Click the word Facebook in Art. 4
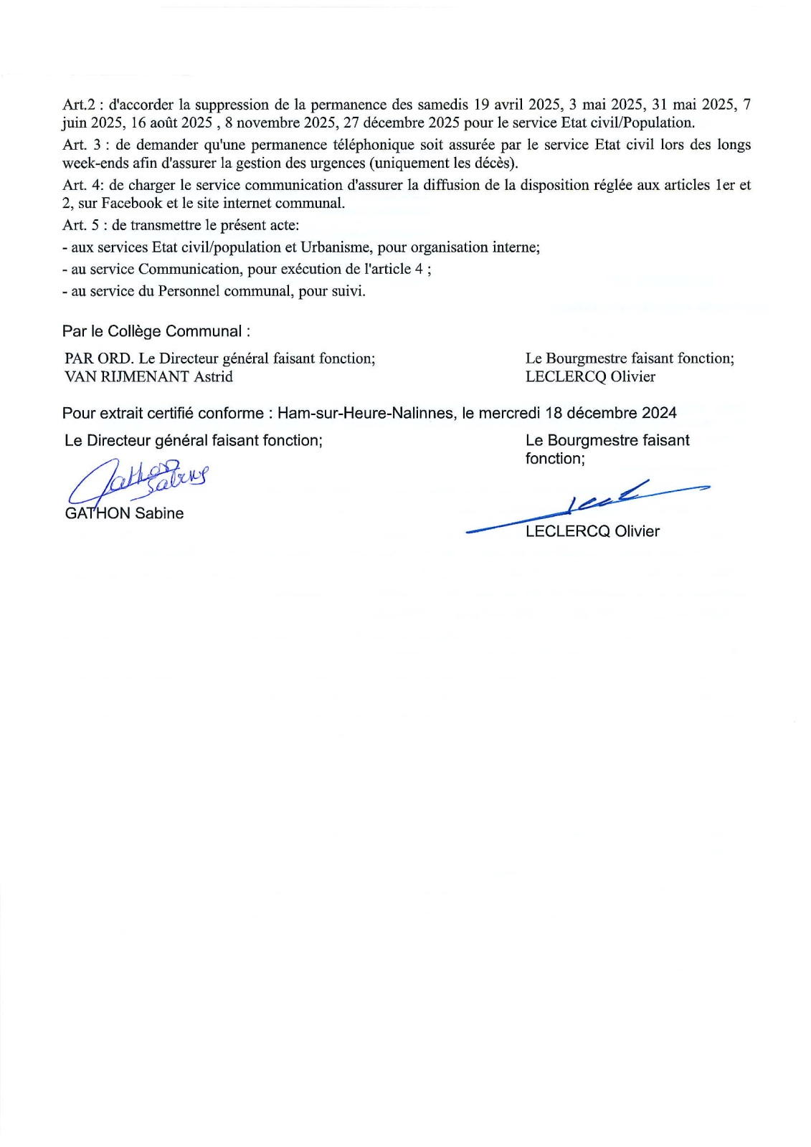click(132, 203)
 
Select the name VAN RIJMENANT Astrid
click(148, 376)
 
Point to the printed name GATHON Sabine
click(124, 513)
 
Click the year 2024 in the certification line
click(660, 413)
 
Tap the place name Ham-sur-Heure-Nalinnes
click(366, 413)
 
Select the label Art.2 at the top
click(79, 105)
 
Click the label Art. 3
click(82, 145)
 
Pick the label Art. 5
click(82, 225)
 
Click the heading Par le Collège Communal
click(156, 331)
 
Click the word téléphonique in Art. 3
click(374, 145)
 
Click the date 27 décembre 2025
click(402, 123)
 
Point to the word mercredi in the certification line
click(509, 413)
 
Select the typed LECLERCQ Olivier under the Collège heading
click(590, 376)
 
